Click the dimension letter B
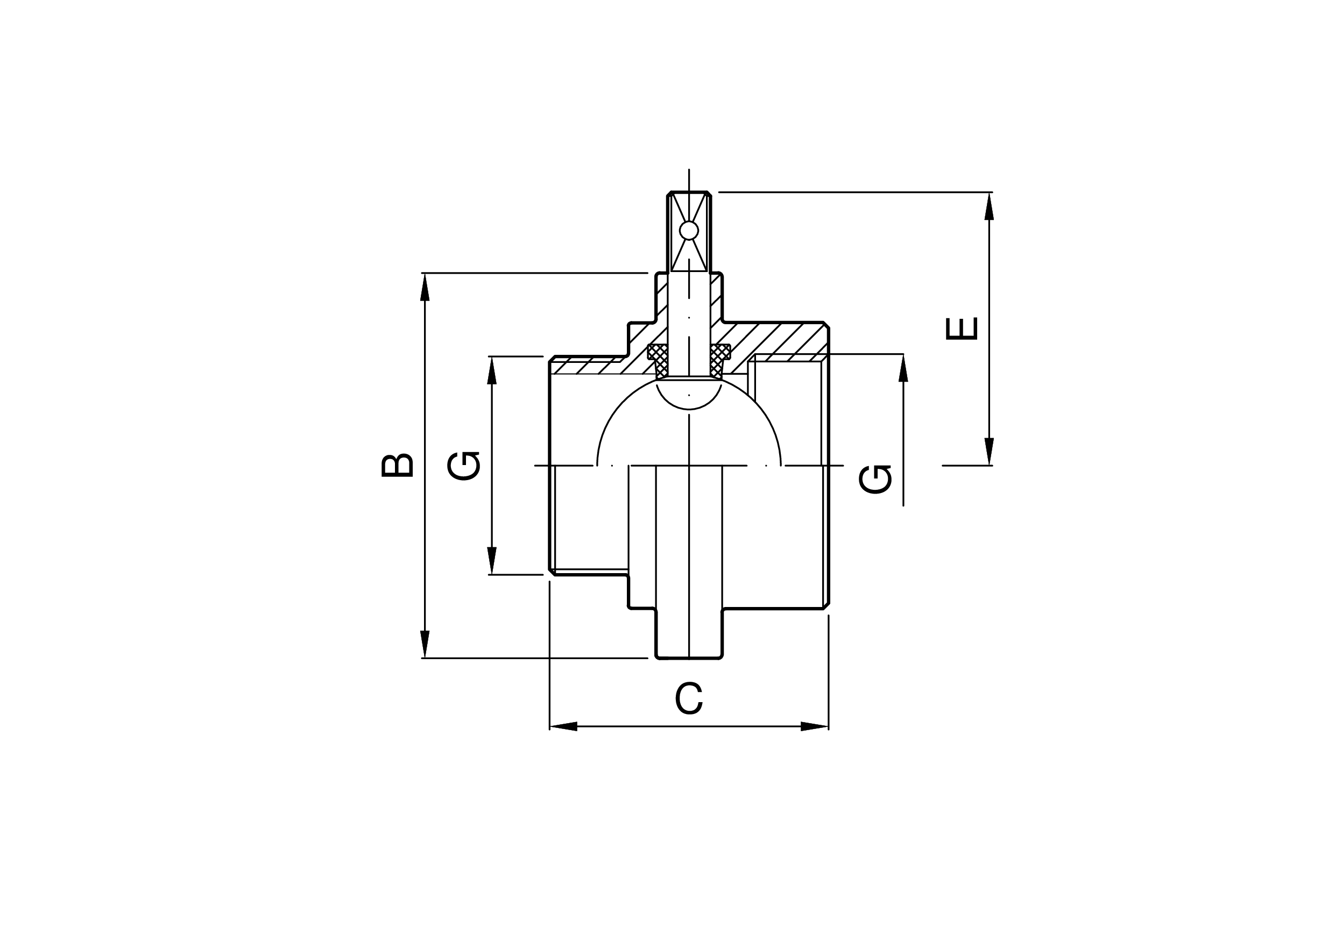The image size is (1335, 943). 397,466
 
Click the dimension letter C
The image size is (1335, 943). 689,698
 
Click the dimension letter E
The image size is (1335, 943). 962,329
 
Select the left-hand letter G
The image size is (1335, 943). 464,466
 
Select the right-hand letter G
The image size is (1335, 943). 875,480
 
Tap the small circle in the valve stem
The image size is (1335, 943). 689,231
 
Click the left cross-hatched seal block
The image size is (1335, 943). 658,361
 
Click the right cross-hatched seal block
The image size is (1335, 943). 720,361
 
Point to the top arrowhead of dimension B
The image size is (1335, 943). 425,287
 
